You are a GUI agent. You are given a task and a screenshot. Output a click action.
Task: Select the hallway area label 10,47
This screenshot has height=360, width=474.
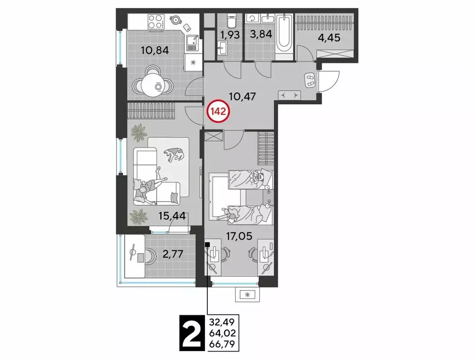[x=241, y=97]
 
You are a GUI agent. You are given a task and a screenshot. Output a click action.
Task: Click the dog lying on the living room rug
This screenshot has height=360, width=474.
[x=174, y=154]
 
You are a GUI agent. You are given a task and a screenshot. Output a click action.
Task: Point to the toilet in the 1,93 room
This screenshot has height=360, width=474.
[x=230, y=21]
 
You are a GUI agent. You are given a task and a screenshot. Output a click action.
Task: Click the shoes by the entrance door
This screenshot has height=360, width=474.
[x=310, y=80]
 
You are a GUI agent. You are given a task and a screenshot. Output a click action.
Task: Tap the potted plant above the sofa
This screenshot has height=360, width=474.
[x=139, y=132]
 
